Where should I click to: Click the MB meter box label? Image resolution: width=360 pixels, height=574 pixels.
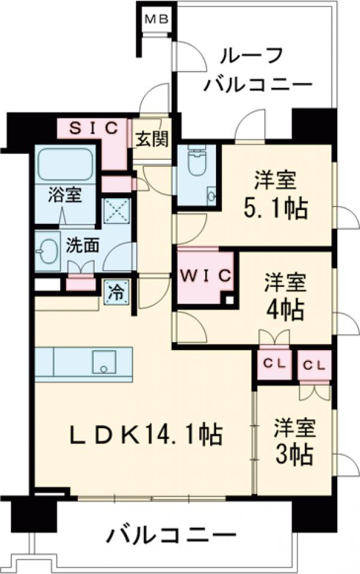click(158, 19)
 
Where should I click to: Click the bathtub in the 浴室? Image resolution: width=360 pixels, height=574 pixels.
click(65, 164)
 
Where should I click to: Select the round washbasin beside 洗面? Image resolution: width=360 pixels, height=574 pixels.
click(47, 248)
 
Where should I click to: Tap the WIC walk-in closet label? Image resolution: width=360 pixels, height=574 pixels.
click(206, 276)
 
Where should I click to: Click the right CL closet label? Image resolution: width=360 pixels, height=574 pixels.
click(314, 364)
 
